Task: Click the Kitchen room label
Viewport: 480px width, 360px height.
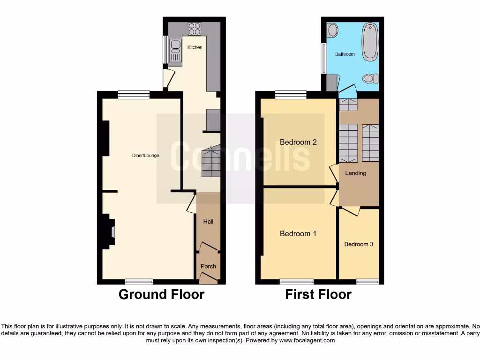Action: [x=195, y=47]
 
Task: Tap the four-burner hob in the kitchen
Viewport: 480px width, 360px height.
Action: [x=195, y=29]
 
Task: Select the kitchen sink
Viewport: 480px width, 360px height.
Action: [x=176, y=48]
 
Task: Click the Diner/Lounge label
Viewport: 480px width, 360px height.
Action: [x=145, y=155]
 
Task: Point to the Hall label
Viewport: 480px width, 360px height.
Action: [x=208, y=221]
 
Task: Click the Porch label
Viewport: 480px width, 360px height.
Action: [x=208, y=266]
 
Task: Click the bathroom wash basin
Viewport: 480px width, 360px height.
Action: [x=332, y=30]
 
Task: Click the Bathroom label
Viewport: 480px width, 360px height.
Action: [x=345, y=54]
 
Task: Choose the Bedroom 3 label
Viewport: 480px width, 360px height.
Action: [x=359, y=244]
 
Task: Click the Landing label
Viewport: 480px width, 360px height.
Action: [x=355, y=173]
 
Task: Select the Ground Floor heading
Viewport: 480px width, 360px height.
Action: [x=161, y=294]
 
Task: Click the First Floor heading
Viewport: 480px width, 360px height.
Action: [x=318, y=294]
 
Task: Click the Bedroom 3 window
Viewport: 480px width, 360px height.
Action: [x=367, y=282]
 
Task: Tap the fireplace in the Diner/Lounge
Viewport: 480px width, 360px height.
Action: [x=110, y=231]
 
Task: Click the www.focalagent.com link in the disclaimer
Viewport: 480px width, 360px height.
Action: [x=307, y=340]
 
